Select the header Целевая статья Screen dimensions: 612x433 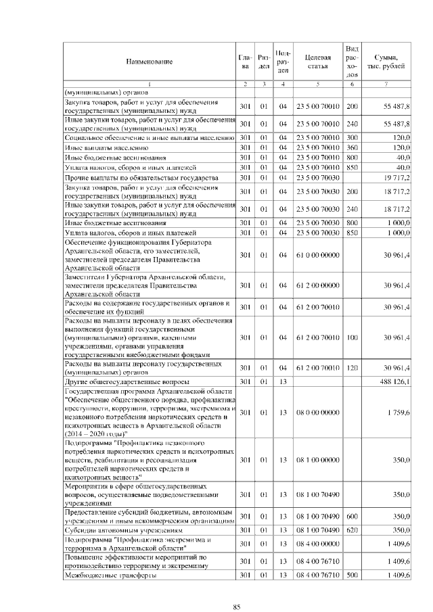(317, 62)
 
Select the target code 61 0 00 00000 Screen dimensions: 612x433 (317, 254)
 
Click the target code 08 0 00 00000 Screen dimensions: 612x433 (317, 412)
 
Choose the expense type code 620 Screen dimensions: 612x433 (352, 530)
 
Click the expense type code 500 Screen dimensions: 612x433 (352, 575)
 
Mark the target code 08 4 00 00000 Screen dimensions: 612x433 (317, 543)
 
